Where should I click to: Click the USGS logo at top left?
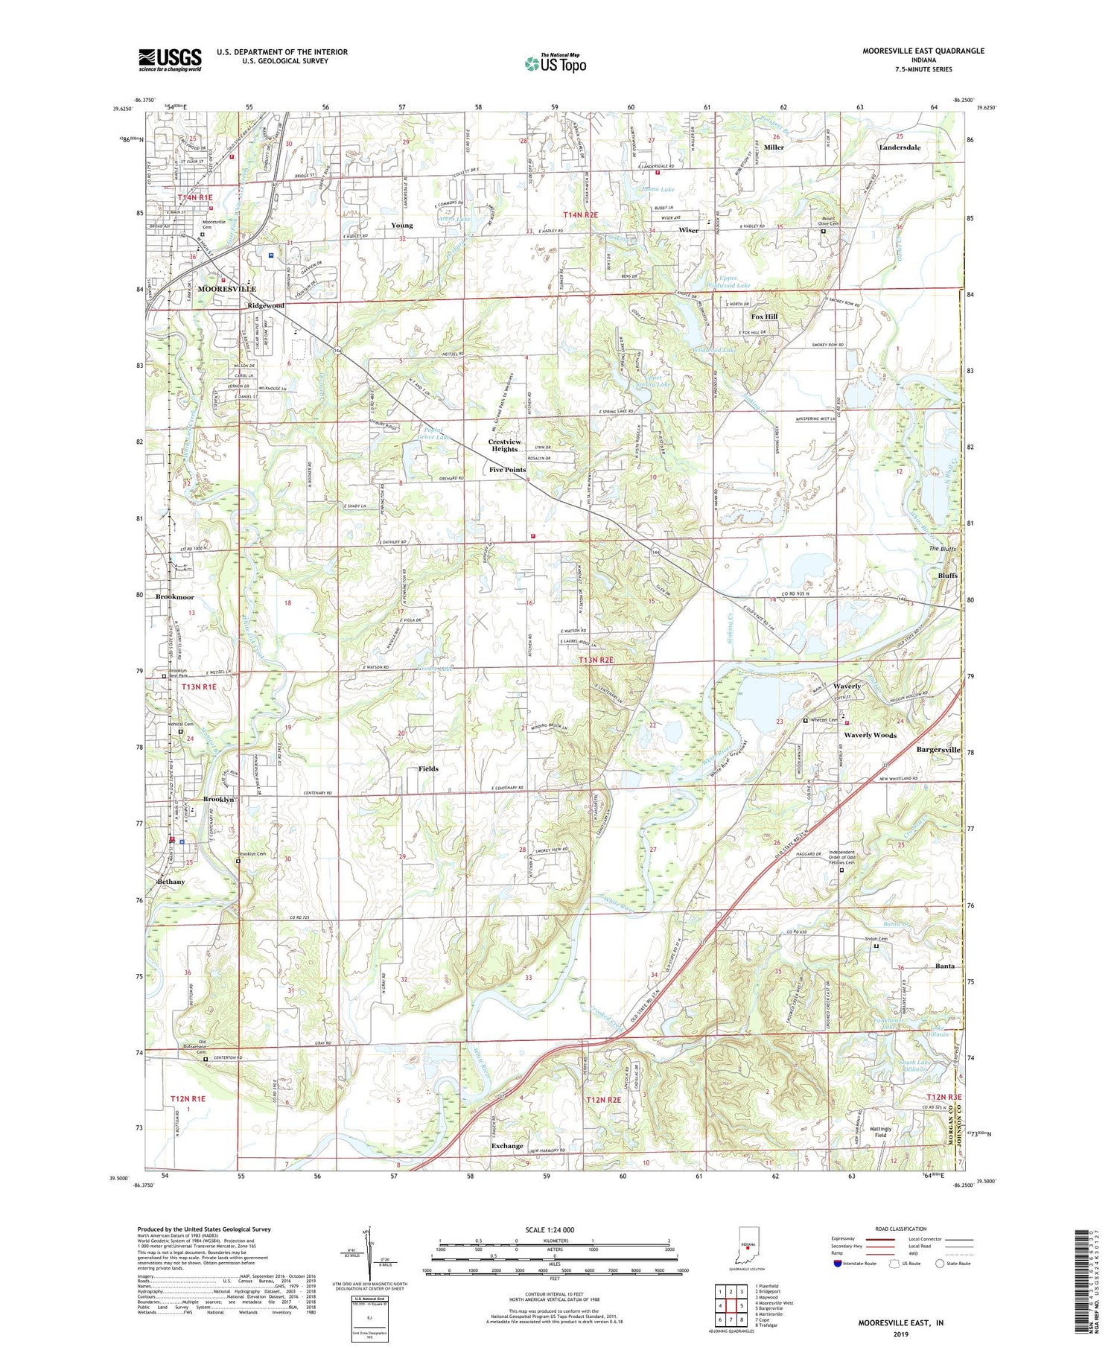[170, 60]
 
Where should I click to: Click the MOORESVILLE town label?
[226, 288]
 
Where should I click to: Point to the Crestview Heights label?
[504, 445]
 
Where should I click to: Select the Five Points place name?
[507, 470]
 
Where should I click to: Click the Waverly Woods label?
[870, 735]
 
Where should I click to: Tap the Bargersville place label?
[938, 749]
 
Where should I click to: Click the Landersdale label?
[900, 147]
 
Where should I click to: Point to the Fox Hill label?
[763, 316]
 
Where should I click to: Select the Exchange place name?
[507, 1146]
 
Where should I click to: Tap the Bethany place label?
[171, 882]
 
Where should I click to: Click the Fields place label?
[428, 768]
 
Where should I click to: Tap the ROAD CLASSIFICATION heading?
[901, 1229]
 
